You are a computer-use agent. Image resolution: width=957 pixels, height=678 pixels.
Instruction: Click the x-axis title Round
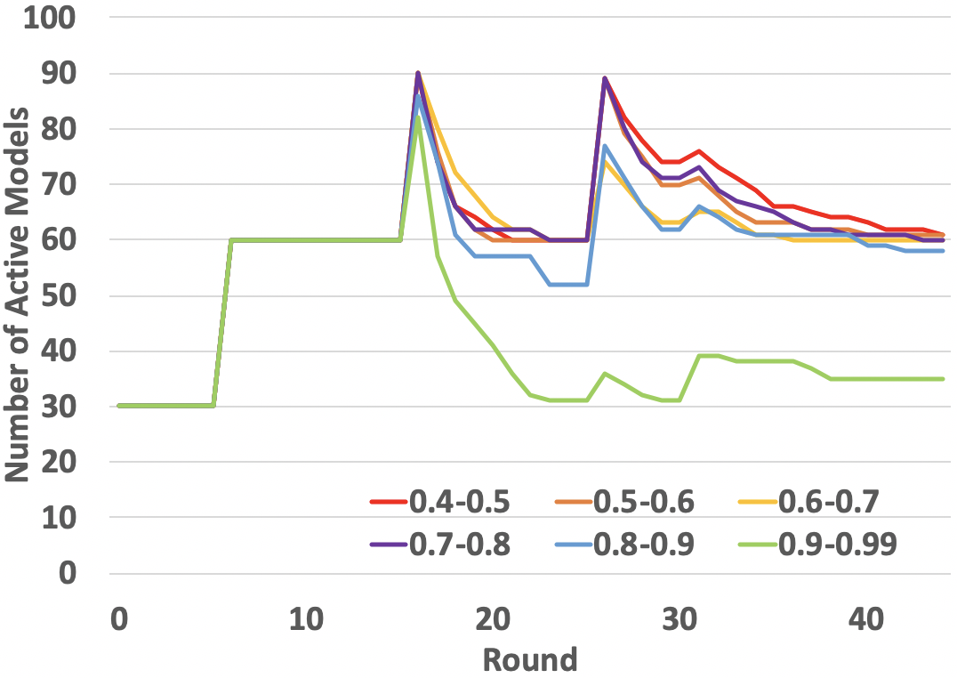click(530, 659)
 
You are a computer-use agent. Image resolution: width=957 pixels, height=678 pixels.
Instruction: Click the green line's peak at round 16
click(417, 117)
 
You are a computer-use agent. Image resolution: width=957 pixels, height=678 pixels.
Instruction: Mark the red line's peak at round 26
click(605, 78)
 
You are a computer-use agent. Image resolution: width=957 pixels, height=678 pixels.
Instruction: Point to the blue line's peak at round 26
click(605, 146)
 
